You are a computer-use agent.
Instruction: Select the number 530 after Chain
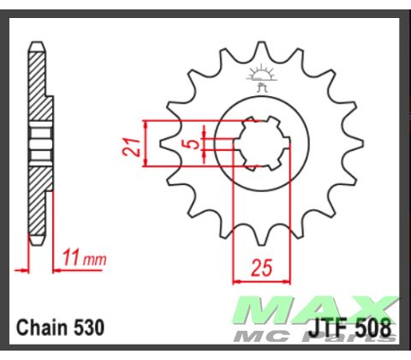[x=89, y=327]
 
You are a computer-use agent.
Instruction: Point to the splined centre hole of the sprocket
[x=259, y=143]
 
